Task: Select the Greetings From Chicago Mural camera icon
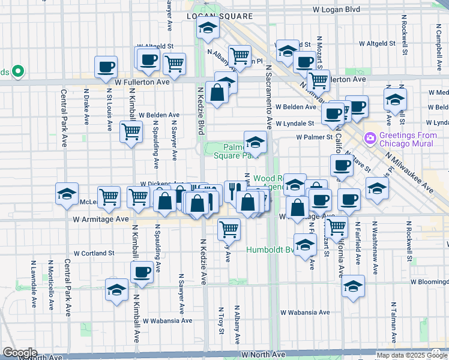370,139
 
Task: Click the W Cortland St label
94,253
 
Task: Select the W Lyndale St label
295,123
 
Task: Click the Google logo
20,353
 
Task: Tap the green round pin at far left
18,72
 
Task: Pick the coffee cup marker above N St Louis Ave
106,67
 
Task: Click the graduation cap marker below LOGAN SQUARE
208,28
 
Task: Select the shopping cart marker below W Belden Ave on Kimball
131,131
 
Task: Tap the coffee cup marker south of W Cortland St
142,271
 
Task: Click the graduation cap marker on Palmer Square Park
255,143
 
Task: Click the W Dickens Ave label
162,184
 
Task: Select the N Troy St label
221,320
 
